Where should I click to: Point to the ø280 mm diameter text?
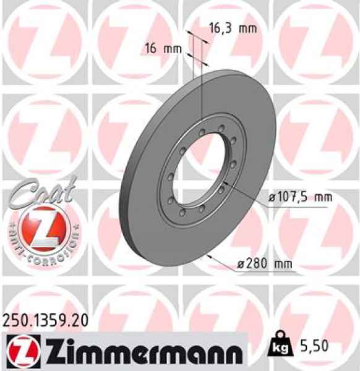click(264, 265)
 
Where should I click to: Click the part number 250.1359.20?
click(45, 320)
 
